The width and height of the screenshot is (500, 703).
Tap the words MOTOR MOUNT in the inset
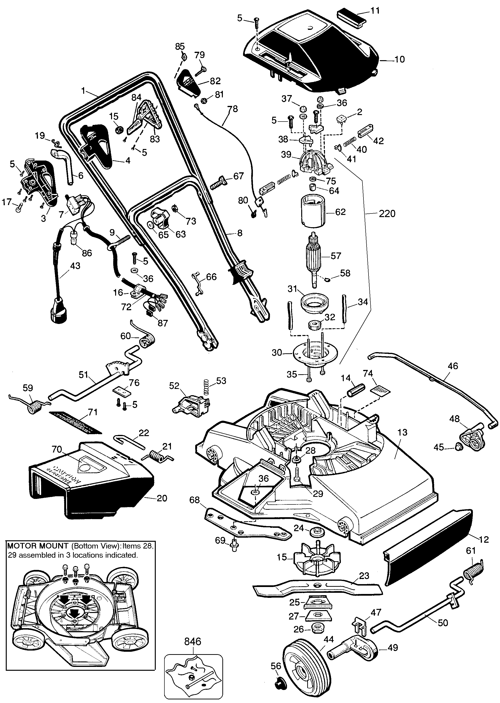(37, 546)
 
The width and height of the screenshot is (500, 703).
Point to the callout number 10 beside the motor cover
(399, 59)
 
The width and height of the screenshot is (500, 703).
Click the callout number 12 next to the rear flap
(484, 539)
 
